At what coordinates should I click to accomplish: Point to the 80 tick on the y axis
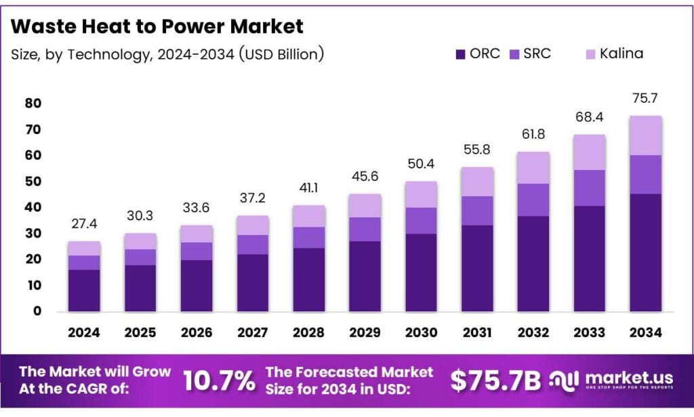[x=33, y=104]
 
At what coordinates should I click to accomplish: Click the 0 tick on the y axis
[x=37, y=311]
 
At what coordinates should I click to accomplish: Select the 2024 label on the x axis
[x=84, y=333]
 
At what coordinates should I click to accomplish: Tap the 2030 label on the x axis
[x=421, y=333]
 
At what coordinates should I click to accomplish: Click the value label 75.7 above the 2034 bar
[x=645, y=99]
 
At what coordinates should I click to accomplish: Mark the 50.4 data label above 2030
[x=421, y=164]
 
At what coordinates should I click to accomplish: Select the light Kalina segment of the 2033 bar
[x=589, y=152]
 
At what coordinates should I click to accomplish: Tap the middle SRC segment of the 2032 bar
[x=533, y=200]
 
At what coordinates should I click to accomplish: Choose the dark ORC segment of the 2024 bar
[x=84, y=290]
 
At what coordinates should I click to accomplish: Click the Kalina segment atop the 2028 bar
[x=308, y=216]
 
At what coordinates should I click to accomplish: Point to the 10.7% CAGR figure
[x=218, y=380]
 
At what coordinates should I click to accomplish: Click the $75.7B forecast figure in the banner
[x=496, y=380]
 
